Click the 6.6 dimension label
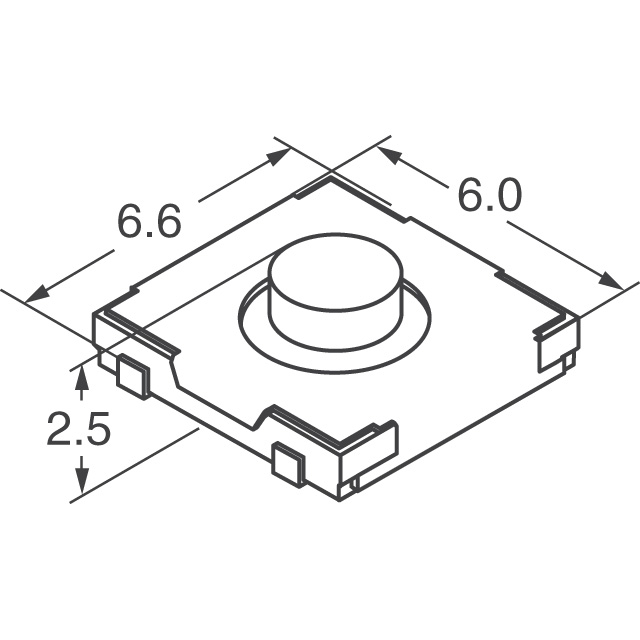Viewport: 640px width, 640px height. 149,222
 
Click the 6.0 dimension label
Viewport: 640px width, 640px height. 490,195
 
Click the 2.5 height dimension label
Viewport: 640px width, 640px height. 78,428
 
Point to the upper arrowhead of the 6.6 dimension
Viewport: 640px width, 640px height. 278,156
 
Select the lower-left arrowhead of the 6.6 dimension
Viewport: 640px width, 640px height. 37,295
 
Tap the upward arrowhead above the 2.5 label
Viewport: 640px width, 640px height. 83,378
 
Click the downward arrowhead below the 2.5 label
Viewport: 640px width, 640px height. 82,480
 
